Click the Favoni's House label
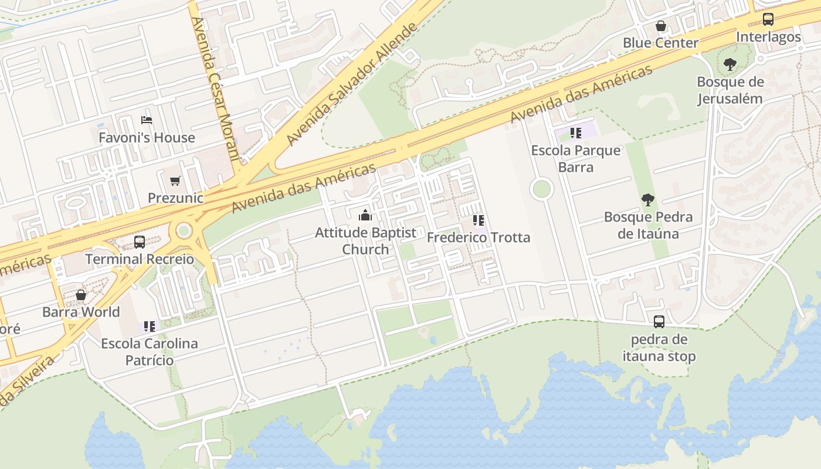click(147, 138)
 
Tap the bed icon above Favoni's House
click(147, 120)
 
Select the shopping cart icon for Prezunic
click(175, 181)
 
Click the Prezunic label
click(175, 198)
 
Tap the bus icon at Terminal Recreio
click(140, 242)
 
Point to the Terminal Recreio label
click(140, 259)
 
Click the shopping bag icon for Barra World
click(81, 294)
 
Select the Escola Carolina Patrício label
click(150, 352)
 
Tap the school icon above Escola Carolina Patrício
click(150, 326)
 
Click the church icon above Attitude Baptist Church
click(365, 215)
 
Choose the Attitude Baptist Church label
click(365, 241)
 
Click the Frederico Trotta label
click(479, 237)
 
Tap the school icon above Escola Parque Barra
click(575, 133)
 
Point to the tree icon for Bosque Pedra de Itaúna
click(648, 200)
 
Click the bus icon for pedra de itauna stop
click(659, 322)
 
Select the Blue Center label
click(660, 43)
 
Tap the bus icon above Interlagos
click(768, 19)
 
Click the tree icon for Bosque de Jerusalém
click(730, 64)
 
